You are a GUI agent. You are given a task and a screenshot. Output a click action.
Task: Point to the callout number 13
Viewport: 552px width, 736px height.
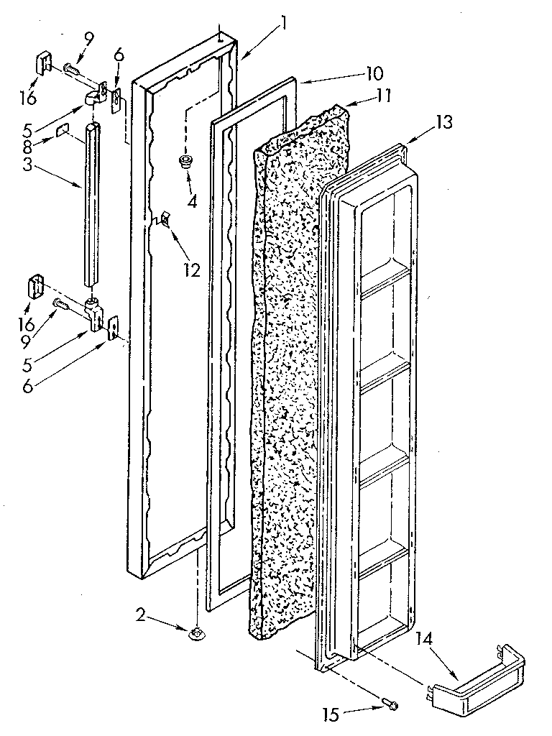pos(443,122)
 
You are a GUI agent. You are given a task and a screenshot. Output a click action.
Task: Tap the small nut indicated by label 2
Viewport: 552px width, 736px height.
pos(195,632)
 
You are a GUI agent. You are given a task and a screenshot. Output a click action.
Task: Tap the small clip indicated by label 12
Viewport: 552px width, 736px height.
pos(165,218)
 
